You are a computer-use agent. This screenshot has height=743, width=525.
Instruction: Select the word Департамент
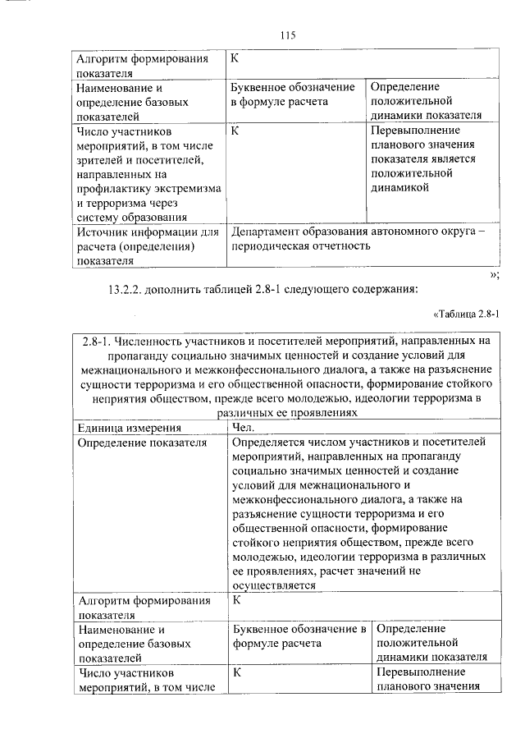267,232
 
